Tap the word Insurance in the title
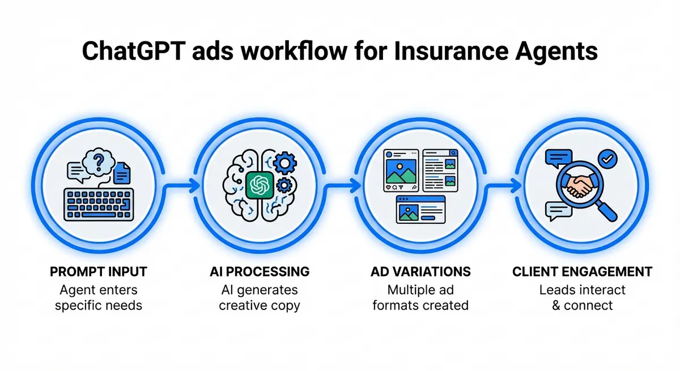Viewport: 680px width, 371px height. click(x=444, y=50)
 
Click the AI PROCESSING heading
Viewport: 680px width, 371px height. click(x=259, y=272)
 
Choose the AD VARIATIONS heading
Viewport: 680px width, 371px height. click(x=420, y=272)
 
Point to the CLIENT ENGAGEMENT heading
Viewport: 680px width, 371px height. click(x=582, y=272)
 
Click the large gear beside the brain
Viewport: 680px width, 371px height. click(x=284, y=164)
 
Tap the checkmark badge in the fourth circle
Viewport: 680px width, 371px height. click(x=607, y=160)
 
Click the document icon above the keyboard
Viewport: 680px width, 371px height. click(x=122, y=172)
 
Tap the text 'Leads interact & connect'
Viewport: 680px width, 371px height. click(x=582, y=297)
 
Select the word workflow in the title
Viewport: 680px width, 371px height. click(x=287, y=50)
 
